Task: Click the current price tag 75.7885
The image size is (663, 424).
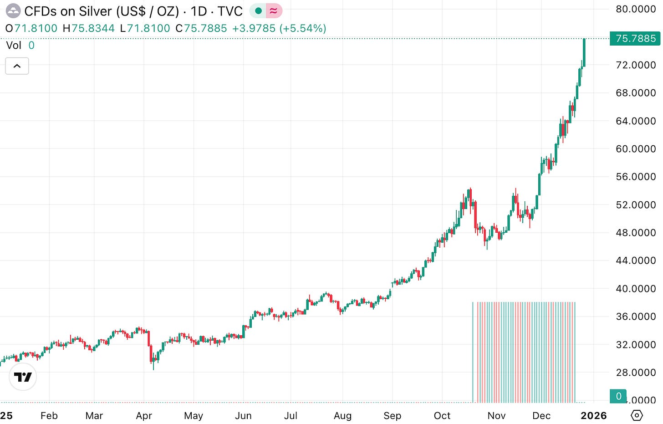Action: tap(635, 39)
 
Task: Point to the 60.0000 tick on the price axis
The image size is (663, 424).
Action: tap(635, 149)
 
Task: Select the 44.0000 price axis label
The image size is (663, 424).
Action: tap(635, 261)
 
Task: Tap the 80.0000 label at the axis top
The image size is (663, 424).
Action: tap(635, 9)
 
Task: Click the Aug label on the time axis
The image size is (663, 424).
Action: tap(342, 416)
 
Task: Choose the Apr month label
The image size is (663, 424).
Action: tap(144, 416)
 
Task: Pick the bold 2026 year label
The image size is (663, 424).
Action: tap(593, 416)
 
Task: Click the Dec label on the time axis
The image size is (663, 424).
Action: tap(541, 416)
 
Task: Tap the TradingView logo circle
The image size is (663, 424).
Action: tap(23, 377)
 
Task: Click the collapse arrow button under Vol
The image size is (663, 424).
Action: tap(17, 66)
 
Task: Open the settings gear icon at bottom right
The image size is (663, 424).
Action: tap(637, 415)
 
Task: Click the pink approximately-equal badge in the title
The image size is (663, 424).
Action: tap(274, 10)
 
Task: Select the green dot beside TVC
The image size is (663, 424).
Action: tap(258, 10)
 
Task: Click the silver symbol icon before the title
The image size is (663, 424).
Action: tap(13, 10)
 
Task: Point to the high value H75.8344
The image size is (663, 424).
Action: tap(89, 28)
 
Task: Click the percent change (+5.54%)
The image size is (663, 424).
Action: tap(303, 28)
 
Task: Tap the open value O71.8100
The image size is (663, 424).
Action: tap(31, 28)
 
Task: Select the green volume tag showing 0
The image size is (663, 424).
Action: tap(618, 396)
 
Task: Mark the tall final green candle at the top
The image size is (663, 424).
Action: tap(584, 52)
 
